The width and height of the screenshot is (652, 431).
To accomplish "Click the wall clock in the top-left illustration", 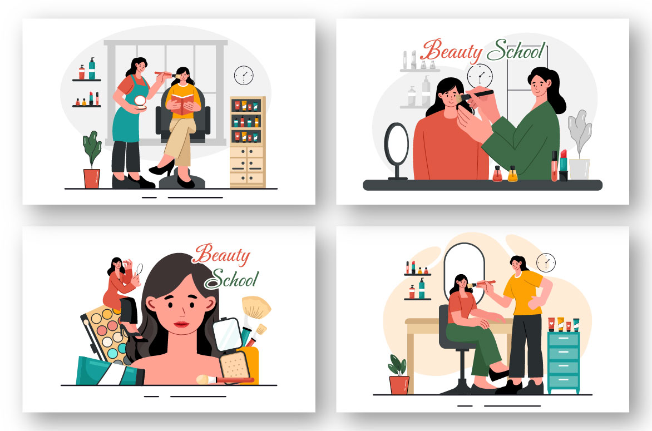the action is (x=244, y=76).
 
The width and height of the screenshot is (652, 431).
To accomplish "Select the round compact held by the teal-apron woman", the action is (x=141, y=102).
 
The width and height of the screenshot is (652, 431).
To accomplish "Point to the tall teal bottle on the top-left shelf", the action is (x=92, y=68).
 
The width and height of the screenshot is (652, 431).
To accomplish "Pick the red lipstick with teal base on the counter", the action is (x=564, y=165).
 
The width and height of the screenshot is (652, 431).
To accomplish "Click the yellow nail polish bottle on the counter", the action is (x=513, y=174).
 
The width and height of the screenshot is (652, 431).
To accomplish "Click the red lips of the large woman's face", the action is (x=181, y=324).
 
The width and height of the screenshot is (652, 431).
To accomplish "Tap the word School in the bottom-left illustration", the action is (x=231, y=279).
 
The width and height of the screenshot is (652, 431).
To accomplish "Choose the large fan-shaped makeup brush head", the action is (x=256, y=307).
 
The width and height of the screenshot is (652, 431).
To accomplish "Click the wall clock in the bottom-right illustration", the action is (x=546, y=262).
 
